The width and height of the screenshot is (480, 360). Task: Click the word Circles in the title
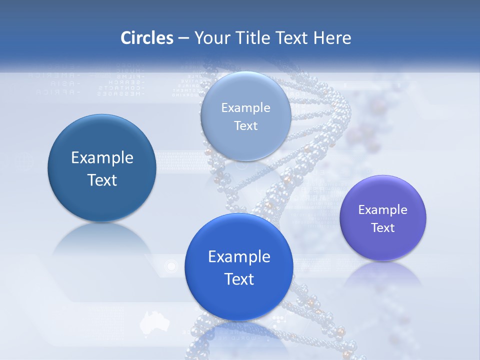click(x=146, y=38)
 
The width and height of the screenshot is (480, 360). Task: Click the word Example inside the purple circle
click(x=383, y=209)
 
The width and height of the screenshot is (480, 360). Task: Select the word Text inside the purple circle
click(x=383, y=228)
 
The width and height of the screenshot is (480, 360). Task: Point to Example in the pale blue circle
click(x=245, y=107)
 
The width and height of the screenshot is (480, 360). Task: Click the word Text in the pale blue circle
click(x=245, y=126)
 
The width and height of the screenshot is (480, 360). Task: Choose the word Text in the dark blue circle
click(x=102, y=180)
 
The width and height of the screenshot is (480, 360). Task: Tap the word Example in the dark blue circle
click(x=102, y=158)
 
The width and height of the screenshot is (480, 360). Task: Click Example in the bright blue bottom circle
click(x=239, y=257)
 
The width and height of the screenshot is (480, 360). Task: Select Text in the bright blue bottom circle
click(x=239, y=279)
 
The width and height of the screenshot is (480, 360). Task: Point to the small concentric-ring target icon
click(x=171, y=266)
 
